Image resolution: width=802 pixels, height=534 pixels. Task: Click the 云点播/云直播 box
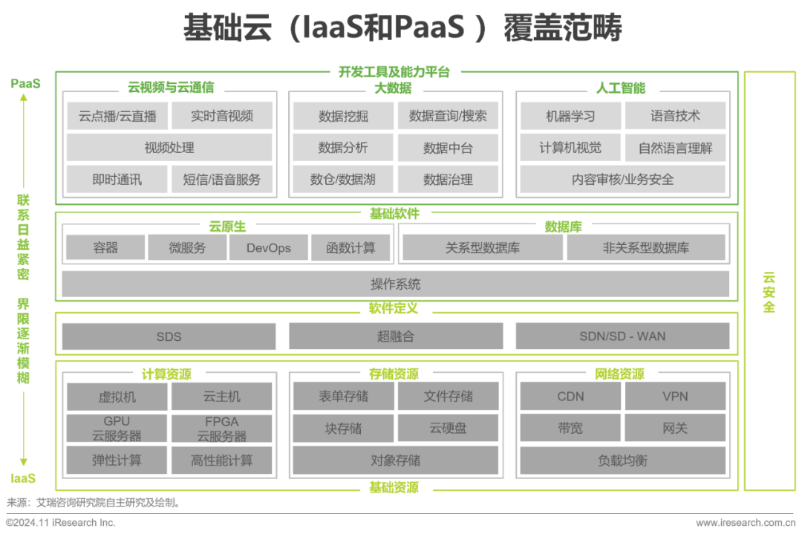pos(117,116)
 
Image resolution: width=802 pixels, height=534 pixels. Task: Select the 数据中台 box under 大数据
pos(448,148)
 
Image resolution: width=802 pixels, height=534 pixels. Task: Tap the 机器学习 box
pos(570,116)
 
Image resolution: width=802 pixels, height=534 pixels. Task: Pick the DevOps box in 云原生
pos(268,248)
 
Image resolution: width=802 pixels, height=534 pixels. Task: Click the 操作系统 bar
pos(395,284)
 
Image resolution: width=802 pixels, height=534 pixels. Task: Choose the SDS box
pos(169,336)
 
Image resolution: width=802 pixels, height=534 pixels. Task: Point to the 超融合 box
pos(395,336)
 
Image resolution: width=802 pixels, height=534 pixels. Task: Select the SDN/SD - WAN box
pos(622,336)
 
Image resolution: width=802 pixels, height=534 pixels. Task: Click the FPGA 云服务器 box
pos(222,429)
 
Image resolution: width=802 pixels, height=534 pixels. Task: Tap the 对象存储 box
pos(395,460)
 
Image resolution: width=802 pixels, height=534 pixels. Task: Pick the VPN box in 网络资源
pos(675,397)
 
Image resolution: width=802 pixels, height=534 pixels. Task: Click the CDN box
pos(570,397)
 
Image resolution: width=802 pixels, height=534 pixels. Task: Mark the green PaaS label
pos(26,83)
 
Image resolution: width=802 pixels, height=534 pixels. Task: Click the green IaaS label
pos(23,478)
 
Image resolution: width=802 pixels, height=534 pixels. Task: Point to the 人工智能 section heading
pos(621,88)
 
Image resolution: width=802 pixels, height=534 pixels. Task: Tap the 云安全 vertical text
pos(769,292)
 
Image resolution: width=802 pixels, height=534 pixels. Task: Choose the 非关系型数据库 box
pos(645,248)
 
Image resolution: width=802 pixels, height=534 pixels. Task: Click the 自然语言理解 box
pos(675,148)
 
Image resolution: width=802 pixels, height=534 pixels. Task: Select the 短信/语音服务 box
pos(222,179)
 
